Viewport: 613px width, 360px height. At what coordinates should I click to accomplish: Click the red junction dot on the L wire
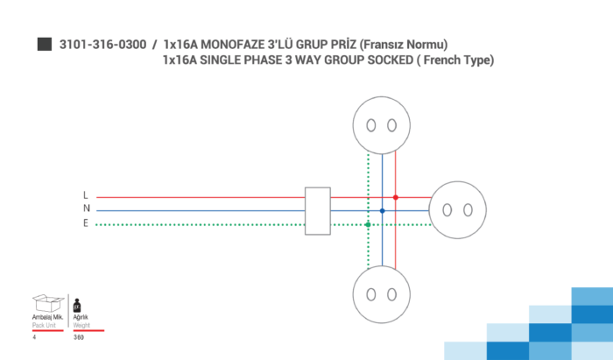pos(396,197)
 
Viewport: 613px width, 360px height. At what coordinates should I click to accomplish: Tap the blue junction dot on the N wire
pos(383,211)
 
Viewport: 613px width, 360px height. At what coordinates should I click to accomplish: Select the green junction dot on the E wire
pos(368,225)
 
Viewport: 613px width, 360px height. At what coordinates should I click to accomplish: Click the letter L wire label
pos(86,194)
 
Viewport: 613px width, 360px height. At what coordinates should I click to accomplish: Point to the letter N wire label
pos(87,208)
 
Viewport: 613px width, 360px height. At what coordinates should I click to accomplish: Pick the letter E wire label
pos(86,222)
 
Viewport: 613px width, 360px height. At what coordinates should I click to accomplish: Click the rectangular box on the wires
pos(317,211)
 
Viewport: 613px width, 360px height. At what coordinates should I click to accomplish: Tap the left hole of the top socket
pos(371,125)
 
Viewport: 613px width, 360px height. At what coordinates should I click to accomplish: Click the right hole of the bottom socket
pos(391,294)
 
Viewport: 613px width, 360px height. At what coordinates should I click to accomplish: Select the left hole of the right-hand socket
pos(447,210)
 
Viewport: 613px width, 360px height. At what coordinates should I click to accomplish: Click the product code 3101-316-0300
pos(102,45)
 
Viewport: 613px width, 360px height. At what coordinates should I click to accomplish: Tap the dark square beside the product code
pos(45,44)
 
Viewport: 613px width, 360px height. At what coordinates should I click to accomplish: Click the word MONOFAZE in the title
pos(232,45)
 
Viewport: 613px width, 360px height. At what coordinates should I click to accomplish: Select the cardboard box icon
pos(47,303)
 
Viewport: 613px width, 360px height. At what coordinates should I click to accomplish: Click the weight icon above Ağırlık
pos(77,306)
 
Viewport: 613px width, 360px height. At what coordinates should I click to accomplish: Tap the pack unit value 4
pos(34,337)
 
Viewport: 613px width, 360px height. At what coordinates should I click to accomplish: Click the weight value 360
pos(79,337)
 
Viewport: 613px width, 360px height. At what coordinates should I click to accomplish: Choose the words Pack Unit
pos(44,325)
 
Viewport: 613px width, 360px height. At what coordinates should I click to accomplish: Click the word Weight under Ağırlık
pos(81,325)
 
